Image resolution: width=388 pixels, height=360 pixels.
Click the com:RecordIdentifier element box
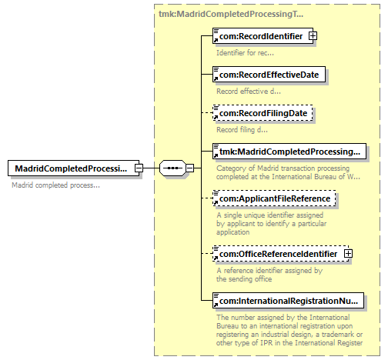click(263, 36)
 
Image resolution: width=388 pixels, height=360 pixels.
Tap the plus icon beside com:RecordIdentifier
click(313, 36)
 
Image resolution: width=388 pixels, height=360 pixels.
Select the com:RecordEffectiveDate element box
click(269, 75)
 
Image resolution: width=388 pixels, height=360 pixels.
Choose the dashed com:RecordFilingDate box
click(263, 113)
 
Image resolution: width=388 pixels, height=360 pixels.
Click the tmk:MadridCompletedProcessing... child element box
click(289, 152)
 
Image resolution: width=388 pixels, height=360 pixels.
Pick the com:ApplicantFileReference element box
click(274, 198)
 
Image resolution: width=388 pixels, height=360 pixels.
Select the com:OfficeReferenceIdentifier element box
click(281, 254)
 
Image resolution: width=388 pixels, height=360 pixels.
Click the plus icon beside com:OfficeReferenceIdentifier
click(348, 254)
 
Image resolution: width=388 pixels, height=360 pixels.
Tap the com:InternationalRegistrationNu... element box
click(288, 300)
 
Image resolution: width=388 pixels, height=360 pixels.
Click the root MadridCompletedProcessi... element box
click(73, 168)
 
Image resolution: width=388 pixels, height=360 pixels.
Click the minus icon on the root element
click(139, 168)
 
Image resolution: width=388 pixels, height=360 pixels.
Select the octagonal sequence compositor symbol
click(172, 168)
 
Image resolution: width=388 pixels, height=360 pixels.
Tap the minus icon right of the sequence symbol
click(189, 168)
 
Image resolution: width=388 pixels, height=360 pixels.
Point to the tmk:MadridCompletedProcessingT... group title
click(231, 14)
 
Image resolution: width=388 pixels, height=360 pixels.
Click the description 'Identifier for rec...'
click(245, 53)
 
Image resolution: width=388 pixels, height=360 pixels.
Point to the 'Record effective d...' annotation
click(249, 92)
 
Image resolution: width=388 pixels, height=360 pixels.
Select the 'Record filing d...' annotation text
click(242, 130)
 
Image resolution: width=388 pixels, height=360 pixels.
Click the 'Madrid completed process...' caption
click(55, 185)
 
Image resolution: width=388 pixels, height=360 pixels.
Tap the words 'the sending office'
click(244, 279)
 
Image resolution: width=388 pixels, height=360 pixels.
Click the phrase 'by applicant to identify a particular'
click(271, 224)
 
